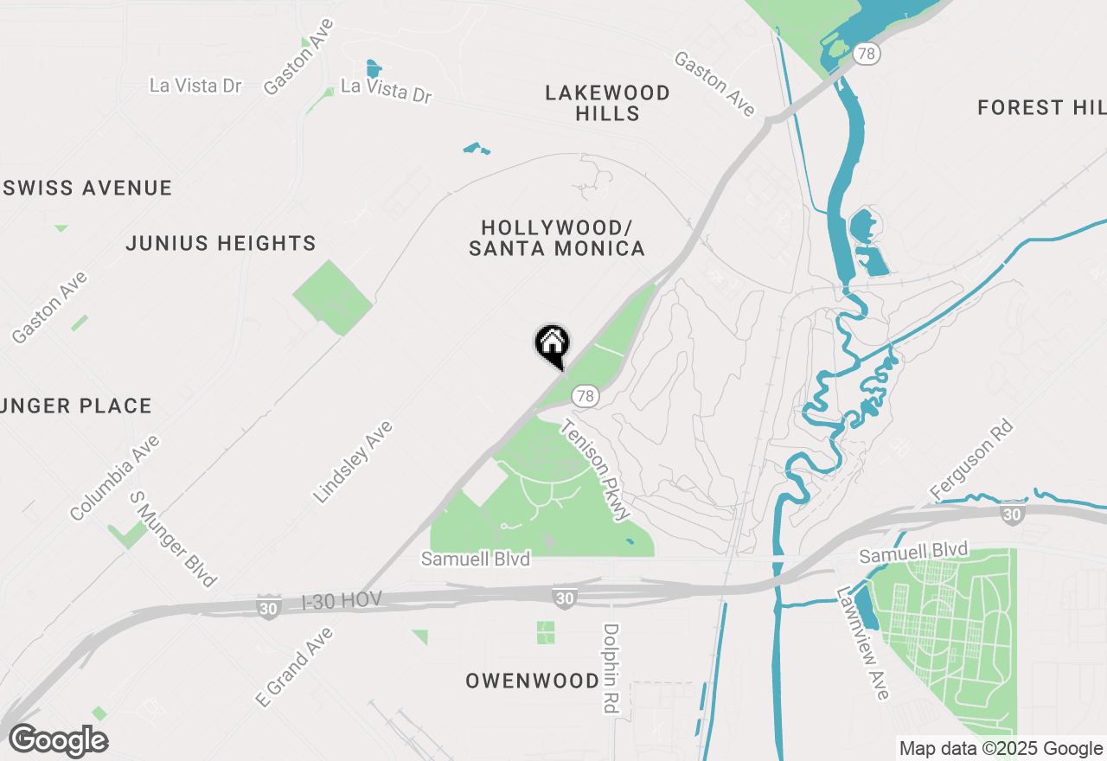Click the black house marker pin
point(552,344)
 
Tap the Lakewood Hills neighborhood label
point(608,103)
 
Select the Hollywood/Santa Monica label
point(557,238)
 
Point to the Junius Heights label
point(221,243)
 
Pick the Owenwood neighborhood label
point(533,681)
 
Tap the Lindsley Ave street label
point(353,462)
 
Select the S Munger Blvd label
point(173,540)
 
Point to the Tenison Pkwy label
point(596,470)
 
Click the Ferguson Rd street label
point(971,459)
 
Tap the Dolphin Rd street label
point(611,668)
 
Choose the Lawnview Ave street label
point(862,643)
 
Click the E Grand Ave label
point(295,667)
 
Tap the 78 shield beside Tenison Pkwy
point(585,396)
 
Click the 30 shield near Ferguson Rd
point(1011,515)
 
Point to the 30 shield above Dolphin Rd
point(565,597)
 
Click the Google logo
point(59,740)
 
